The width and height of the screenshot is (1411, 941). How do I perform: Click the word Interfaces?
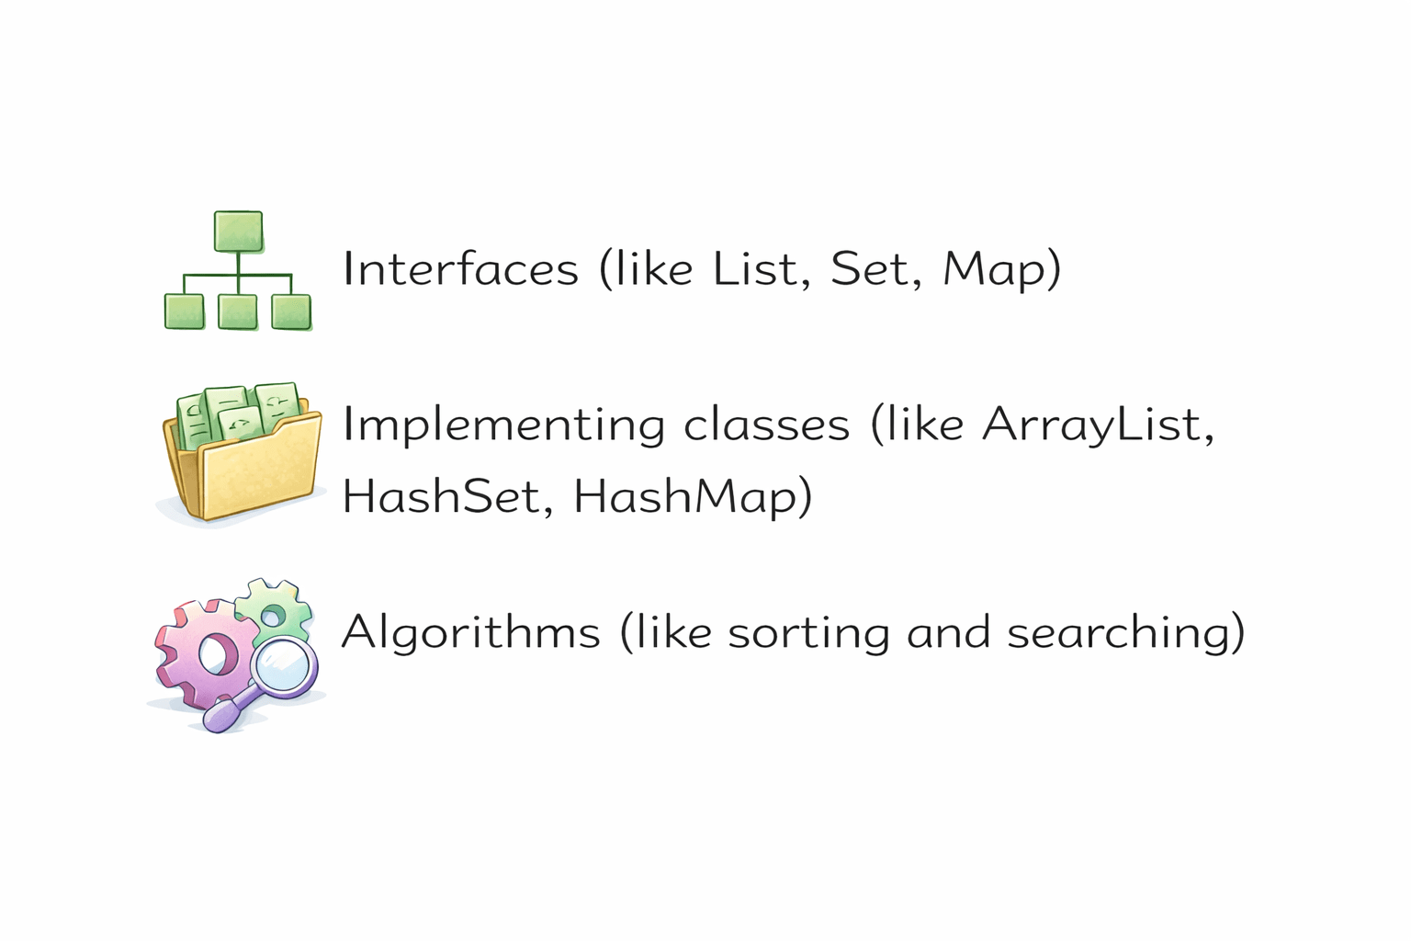pyautogui.click(x=460, y=268)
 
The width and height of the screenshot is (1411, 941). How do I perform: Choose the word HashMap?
pyautogui.click(x=685, y=496)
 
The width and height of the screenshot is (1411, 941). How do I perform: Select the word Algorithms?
pyautogui.click(x=470, y=632)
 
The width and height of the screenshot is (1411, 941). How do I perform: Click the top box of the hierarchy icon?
pyautogui.click(x=238, y=231)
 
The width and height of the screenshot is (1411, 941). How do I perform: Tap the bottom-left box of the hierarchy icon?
pyautogui.click(x=184, y=312)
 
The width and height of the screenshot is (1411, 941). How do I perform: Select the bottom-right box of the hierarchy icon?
pyautogui.click(x=291, y=312)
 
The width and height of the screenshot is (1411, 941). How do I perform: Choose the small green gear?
pyautogui.click(x=274, y=610)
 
